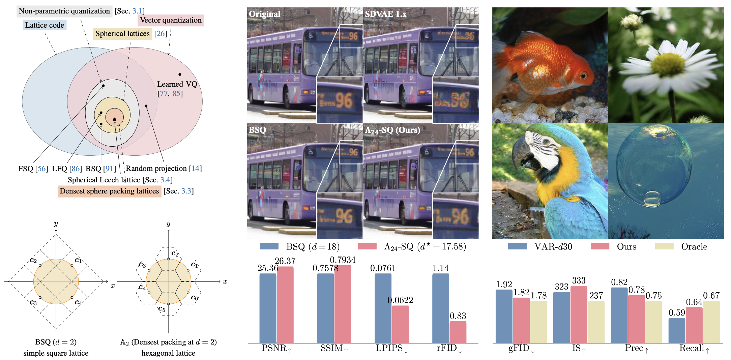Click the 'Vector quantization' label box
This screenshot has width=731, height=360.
coord(171,20)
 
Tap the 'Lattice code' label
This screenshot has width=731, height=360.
coord(45,25)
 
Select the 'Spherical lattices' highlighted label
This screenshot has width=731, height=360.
coord(122,34)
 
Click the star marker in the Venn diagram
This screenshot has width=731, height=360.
coord(115,119)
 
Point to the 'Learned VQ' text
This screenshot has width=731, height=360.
coord(177,84)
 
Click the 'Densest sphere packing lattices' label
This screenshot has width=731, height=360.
coord(109,191)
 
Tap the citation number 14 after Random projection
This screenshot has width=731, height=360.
coord(196,169)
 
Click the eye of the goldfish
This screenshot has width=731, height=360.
coord(583,76)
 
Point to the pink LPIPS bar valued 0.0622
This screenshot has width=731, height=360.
coord(400,324)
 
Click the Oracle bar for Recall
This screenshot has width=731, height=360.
coord(711,322)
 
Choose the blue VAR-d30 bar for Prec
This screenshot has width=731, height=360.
coord(619,315)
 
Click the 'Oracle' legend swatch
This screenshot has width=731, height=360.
coord(664,246)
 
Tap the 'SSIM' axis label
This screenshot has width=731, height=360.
coord(332,348)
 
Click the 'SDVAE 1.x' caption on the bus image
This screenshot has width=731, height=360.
coord(385,14)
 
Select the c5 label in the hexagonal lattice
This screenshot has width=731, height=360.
coord(162,309)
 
